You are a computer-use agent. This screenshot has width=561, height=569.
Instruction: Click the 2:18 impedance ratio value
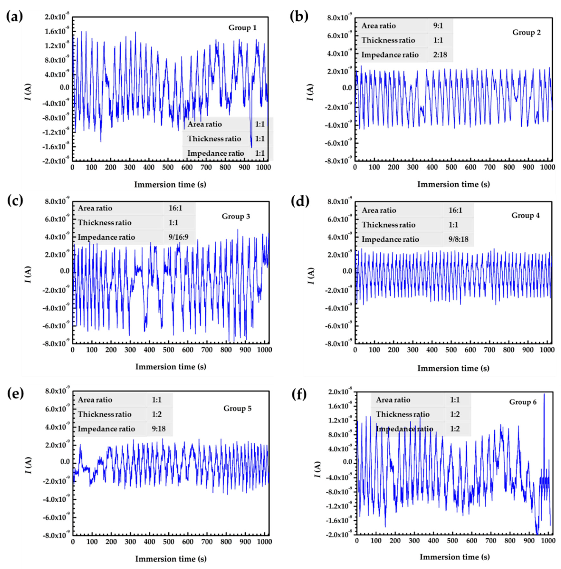[440, 55]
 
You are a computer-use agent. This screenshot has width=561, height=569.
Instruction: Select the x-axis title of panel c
[171, 367]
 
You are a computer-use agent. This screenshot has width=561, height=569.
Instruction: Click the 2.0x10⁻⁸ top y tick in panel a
[57, 17]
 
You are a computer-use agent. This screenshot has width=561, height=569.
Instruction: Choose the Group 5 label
[237, 408]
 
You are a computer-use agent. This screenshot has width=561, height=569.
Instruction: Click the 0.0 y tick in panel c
[65, 271]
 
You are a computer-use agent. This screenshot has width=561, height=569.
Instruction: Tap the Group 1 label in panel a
[242, 28]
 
